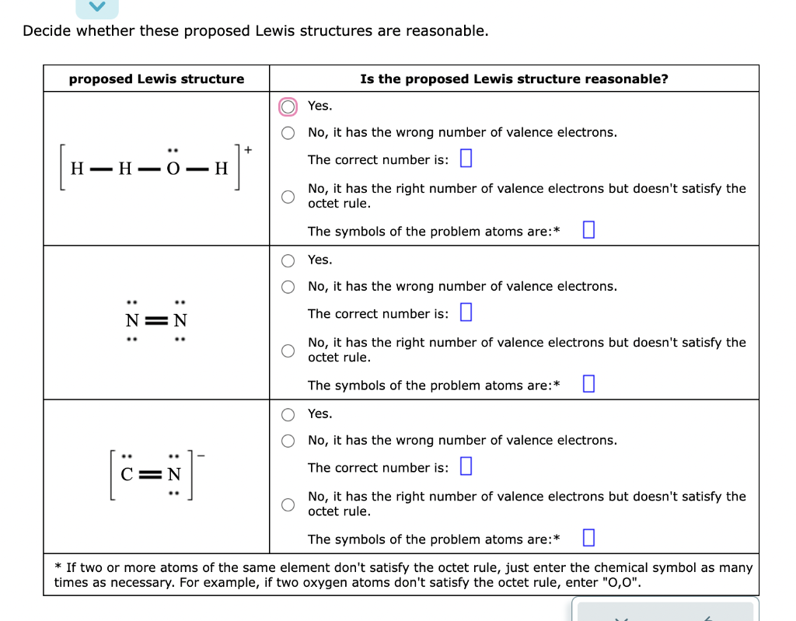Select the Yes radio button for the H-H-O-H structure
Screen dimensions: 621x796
[x=288, y=106]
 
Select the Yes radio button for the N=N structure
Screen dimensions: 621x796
[x=288, y=260]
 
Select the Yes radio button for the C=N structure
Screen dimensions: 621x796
[x=288, y=413]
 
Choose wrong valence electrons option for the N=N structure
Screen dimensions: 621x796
[x=288, y=287]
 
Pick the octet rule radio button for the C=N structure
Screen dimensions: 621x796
[x=288, y=504]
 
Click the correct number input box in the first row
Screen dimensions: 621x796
[x=466, y=159]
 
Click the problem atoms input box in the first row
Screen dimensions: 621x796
[x=588, y=231]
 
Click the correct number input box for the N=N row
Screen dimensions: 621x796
[x=466, y=313]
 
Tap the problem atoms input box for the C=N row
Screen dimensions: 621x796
[x=588, y=539]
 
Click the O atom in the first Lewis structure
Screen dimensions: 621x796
[x=174, y=169]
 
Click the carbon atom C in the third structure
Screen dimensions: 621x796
[x=130, y=474]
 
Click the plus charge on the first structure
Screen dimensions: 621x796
[x=248, y=148]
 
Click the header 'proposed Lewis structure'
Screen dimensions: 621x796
[x=156, y=79]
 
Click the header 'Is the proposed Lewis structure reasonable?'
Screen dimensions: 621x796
[x=514, y=79]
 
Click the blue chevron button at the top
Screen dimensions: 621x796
[x=97, y=7]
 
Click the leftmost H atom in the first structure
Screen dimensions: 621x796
[x=77, y=169]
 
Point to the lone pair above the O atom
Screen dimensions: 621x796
[x=174, y=151]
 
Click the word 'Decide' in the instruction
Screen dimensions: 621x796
[x=47, y=31]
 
